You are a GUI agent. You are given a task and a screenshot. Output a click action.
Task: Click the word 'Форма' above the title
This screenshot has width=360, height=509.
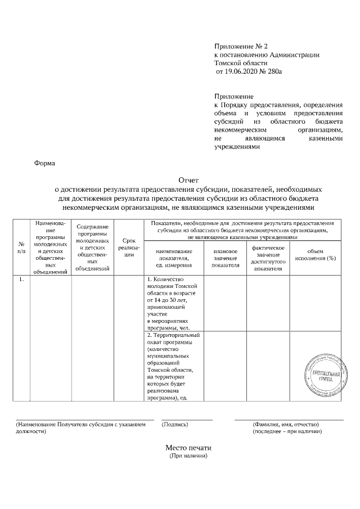(x=45, y=163)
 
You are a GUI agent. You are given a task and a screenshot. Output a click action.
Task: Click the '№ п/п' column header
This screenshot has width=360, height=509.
(x=21, y=247)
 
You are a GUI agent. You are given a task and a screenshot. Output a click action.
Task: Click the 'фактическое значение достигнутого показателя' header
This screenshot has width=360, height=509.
(x=268, y=258)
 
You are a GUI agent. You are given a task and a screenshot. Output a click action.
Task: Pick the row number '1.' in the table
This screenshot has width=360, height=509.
(x=21, y=280)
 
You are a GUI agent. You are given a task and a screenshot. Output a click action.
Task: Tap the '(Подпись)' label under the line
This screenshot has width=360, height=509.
(x=175, y=424)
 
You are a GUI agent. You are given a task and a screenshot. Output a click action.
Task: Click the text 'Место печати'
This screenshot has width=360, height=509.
(x=188, y=448)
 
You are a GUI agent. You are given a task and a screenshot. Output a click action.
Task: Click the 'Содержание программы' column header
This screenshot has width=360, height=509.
(x=92, y=247)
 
